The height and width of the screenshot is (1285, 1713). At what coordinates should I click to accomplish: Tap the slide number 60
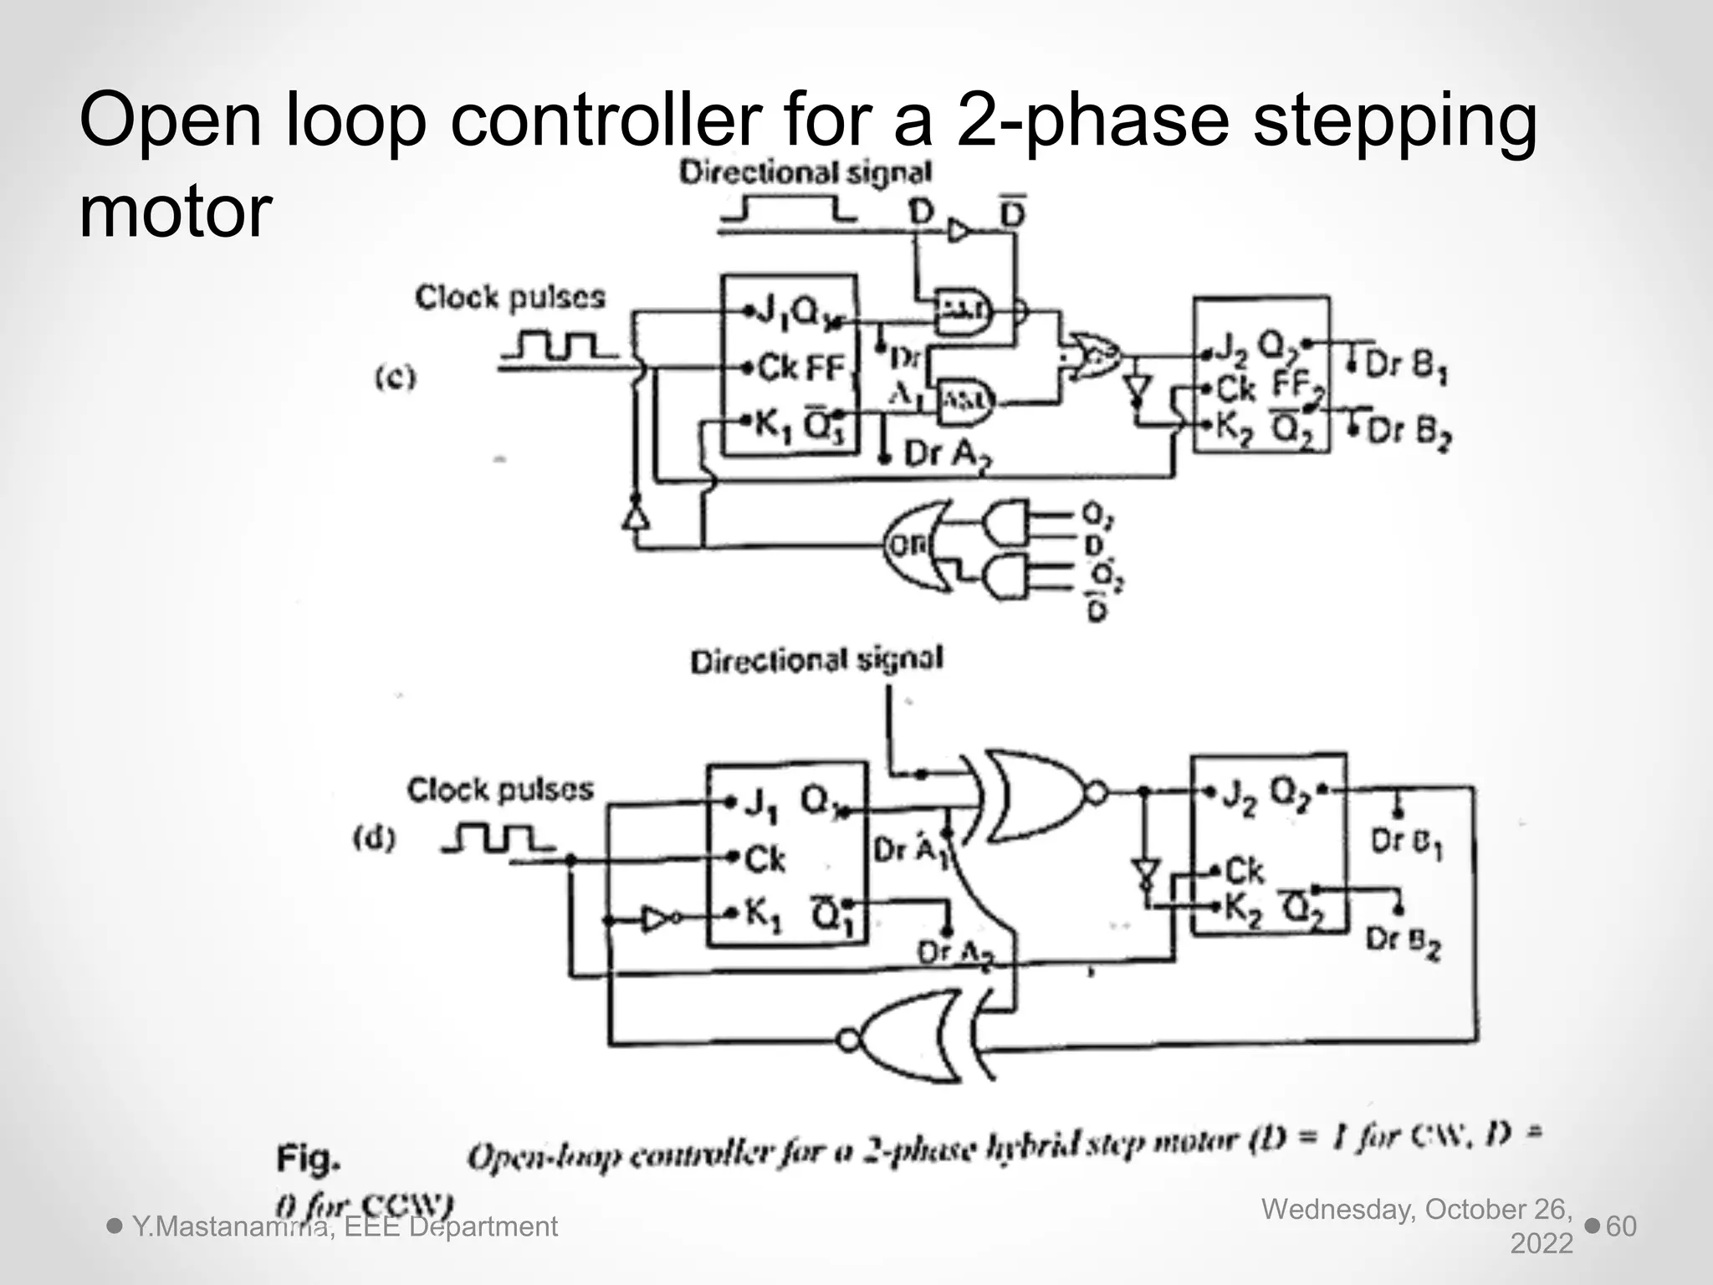pyautogui.click(x=1621, y=1226)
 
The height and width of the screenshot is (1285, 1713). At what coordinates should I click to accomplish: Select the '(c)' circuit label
pyautogui.click(x=395, y=378)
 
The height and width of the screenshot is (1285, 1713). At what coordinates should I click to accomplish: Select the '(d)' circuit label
pyautogui.click(x=374, y=837)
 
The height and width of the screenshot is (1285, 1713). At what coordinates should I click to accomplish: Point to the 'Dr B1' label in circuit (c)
pyautogui.click(x=1405, y=366)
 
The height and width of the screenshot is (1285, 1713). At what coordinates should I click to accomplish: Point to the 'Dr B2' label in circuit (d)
pyautogui.click(x=1403, y=940)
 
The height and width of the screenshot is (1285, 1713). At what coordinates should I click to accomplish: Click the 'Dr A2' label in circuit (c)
pyautogui.click(x=941, y=454)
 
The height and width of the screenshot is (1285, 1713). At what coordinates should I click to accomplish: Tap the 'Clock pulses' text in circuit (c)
pyautogui.click(x=509, y=298)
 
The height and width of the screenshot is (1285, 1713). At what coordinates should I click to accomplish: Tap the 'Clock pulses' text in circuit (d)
pyautogui.click(x=500, y=790)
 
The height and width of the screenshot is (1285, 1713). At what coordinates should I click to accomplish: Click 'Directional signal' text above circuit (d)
pyautogui.click(x=816, y=660)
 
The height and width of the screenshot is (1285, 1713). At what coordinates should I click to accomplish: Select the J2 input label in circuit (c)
pyautogui.click(x=1230, y=351)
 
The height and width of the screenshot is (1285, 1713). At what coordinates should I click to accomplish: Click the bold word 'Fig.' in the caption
pyautogui.click(x=309, y=1159)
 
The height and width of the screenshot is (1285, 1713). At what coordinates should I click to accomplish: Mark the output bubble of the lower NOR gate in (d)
pyautogui.click(x=848, y=1041)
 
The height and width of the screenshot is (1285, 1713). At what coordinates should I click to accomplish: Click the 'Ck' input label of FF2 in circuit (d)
pyautogui.click(x=1244, y=872)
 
